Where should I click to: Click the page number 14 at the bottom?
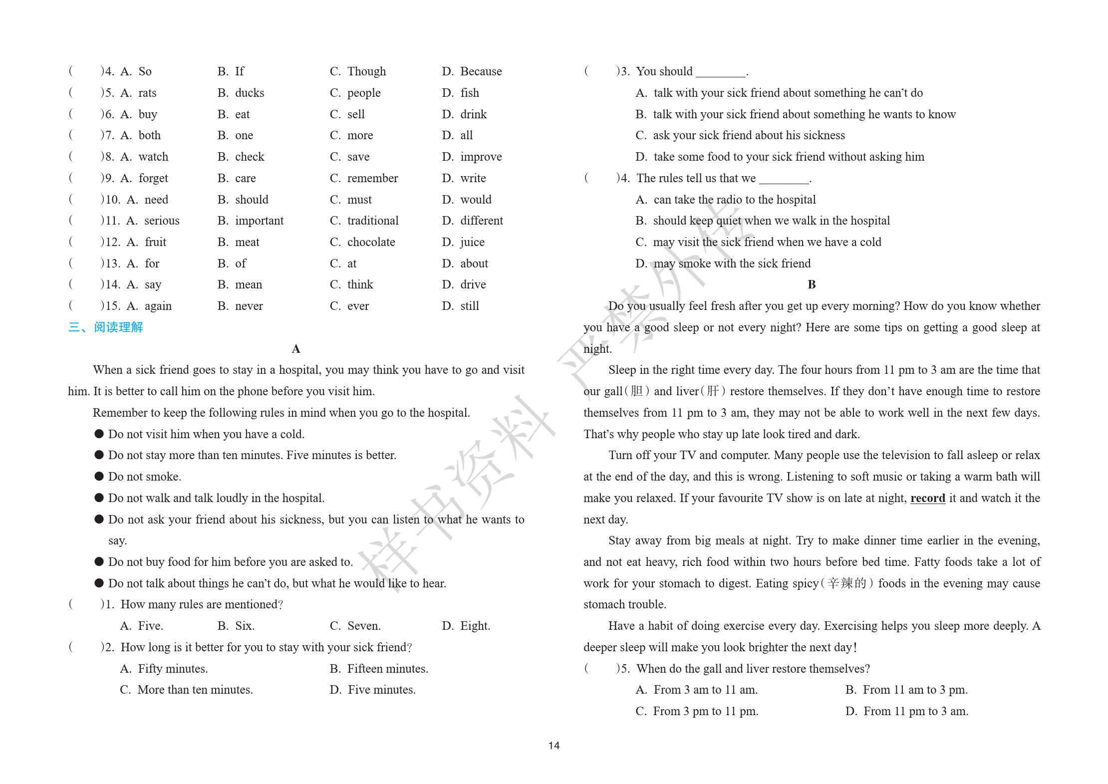pos(554,745)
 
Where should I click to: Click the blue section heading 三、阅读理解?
pos(106,327)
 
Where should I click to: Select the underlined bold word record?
pos(927,498)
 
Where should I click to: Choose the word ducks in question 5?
pos(250,93)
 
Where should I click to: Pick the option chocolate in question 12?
pos(371,242)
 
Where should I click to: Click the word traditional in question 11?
pos(372,221)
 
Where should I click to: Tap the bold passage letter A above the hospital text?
pos(296,349)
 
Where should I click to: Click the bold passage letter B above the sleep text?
pos(812,284)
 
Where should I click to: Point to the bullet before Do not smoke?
pos(99,477)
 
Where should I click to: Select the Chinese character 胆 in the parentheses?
pos(636,391)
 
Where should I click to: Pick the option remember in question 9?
pos(372,178)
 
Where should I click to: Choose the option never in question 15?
pos(249,306)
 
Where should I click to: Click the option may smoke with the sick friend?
pos(732,263)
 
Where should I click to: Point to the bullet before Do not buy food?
pos(99,562)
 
